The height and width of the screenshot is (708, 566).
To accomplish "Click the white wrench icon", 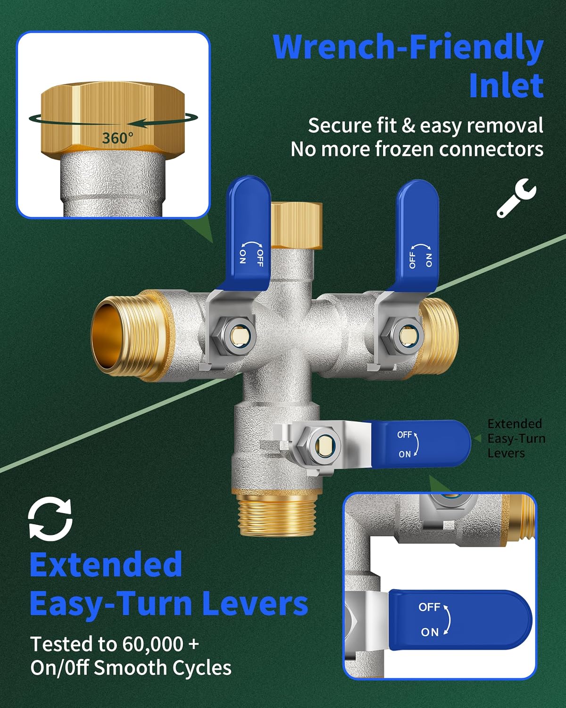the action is tap(516, 198).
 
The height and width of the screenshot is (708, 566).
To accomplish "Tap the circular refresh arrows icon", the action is tap(50, 520).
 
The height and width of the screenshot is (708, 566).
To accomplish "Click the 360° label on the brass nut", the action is tap(118, 138).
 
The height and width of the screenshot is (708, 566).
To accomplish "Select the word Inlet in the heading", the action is tap(506, 85).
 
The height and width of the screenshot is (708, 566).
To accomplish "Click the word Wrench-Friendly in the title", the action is tap(408, 47).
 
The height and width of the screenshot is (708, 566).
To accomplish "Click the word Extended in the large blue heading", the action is tap(106, 565).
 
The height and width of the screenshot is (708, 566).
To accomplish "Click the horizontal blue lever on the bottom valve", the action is tap(419, 444).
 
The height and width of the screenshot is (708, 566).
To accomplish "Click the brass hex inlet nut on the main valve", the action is tap(296, 225).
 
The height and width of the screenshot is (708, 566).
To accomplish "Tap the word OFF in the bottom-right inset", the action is tap(429, 607).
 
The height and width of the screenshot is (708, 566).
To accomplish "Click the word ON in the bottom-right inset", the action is tap(430, 632).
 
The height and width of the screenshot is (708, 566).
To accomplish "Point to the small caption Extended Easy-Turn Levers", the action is tap(516, 438).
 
